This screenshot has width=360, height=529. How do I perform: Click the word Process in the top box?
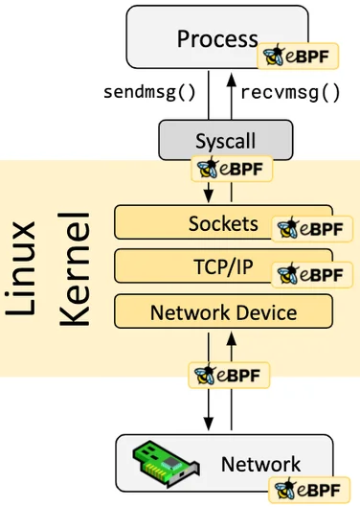(x=217, y=38)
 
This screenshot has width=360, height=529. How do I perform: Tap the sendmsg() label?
(x=149, y=92)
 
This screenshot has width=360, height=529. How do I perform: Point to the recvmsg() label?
(x=290, y=92)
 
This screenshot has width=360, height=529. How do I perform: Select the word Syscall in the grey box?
(x=225, y=141)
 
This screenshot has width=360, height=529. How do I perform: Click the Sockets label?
(x=223, y=223)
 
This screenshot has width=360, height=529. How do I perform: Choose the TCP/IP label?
(x=223, y=266)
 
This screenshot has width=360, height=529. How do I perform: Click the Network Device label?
(x=223, y=312)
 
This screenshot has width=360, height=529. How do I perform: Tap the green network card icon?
(x=167, y=463)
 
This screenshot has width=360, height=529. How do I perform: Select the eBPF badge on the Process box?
(x=298, y=56)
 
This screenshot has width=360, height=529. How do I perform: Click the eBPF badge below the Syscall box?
(x=232, y=169)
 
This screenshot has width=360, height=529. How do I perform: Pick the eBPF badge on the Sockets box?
(x=312, y=229)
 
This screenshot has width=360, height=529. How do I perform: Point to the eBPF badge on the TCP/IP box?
(x=312, y=275)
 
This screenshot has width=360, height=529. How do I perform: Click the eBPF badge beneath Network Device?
(x=229, y=375)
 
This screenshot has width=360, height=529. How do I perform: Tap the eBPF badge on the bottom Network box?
(x=309, y=490)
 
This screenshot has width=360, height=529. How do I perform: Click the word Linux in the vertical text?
(x=20, y=268)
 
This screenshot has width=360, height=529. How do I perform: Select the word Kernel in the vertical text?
(x=74, y=269)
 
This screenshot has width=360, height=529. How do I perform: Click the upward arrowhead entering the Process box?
(x=232, y=80)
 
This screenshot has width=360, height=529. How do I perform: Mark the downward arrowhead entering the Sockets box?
(x=209, y=195)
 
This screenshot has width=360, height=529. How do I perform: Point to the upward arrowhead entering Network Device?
(x=232, y=338)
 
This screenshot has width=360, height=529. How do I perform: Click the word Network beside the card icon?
(x=260, y=464)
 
